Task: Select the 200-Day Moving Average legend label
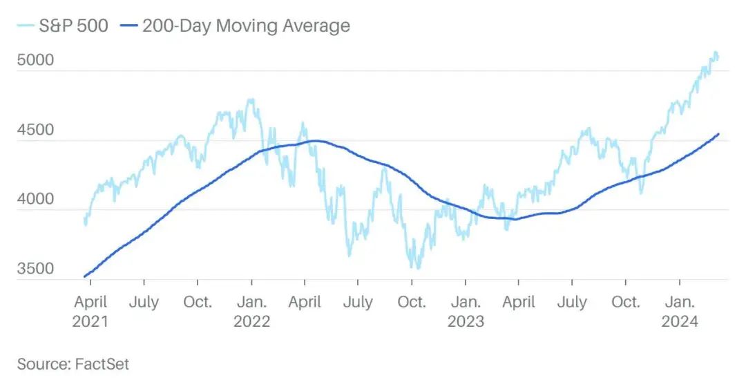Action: click(246, 26)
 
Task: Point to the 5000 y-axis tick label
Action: click(35, 59)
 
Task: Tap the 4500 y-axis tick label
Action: click(35, 129)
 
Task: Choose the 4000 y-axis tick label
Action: click(35, 199)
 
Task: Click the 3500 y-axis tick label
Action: click(35, 268)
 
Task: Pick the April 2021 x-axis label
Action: click(90, 312)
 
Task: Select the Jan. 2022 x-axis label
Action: click(251, 312)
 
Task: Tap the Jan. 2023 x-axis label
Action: click(466, 312)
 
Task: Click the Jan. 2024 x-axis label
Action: click(680, 312)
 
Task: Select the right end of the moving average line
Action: click(719, 134)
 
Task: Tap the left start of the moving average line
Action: click(85, 276)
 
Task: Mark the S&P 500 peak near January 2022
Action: click(251, 99)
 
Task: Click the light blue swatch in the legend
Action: click(25, 26)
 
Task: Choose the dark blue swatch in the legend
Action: click(129, 26)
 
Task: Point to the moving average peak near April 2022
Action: click(315, 141)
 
